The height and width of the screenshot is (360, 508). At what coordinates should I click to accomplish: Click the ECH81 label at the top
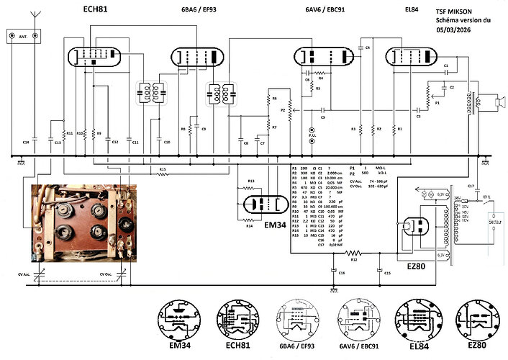(95, 12)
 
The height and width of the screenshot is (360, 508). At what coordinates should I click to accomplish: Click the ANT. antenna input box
(18, 35)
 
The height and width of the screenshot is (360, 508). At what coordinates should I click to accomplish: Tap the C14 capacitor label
(25, 143)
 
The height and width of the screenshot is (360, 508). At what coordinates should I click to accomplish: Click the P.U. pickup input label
(312, 134)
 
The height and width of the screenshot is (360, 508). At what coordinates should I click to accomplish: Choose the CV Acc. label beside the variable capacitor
(24, 274)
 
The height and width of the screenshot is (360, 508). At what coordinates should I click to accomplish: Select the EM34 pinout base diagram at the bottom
(178, 320)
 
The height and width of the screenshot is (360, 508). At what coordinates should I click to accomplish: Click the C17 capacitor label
(470, 186)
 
